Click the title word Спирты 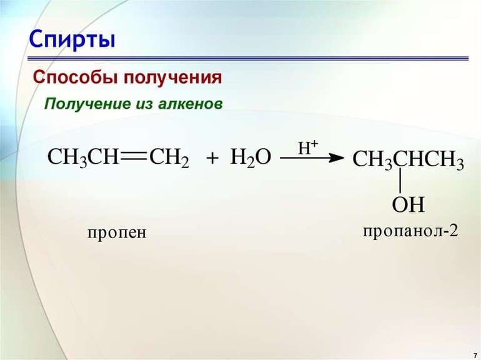(72, 40)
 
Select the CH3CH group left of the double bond (82, 157)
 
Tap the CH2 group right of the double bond (168, 157)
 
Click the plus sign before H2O (212, 158)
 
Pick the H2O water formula (250, 157)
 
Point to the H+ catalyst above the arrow (308, 147)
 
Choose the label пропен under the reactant (116, 233)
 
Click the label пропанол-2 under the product (410, 231)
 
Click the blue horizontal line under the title (250, 58)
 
